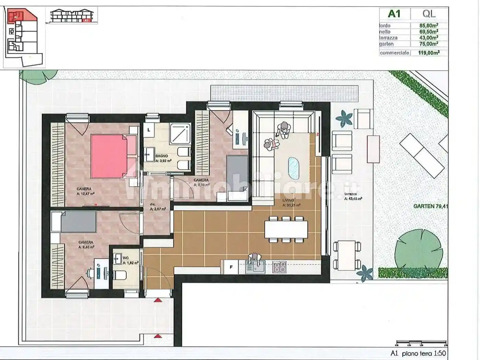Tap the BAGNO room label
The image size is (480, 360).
click(x=162, y=156)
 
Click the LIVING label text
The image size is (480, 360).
click(x=288, y=201)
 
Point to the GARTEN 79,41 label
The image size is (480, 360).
click(x=431, y=206)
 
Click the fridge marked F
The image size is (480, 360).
click(x=231, y=267)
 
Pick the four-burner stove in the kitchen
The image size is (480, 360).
click(x=280, y=267)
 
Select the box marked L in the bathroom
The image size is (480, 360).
click(x=149, y=130)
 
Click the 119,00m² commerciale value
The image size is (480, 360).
click(x=429, y=53)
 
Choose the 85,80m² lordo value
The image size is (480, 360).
click(x=429, y=25)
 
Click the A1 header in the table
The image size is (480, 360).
click(x=394, y=14)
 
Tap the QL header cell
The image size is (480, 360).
click(x=429, y=14)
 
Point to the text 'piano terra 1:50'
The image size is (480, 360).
click(x=424, y=353)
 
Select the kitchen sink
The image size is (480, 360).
click(x=255, y=267)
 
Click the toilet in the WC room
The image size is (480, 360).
click(x=120, y=275)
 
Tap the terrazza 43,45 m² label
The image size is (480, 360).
click(x=353, y=196)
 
